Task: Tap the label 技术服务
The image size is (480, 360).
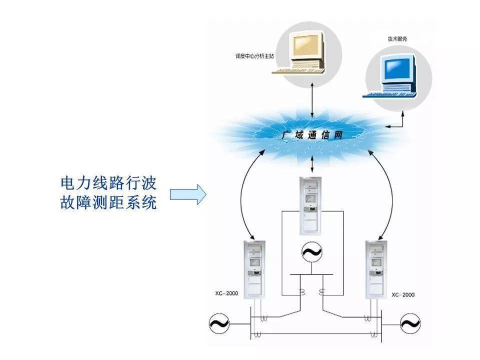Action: pos(397,38)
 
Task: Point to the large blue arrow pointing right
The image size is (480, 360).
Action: pos(188,194)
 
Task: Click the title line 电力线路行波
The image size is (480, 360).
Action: pos(108,183)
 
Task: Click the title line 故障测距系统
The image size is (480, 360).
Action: pos(108,203)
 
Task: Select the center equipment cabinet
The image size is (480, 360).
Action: pos(311,205)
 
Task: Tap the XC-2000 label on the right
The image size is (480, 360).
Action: pos(403,294)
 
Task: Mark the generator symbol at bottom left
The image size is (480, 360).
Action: pos(218,324)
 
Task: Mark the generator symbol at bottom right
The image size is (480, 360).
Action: pos(409,324)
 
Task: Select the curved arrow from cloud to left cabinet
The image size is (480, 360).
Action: pos(243,190)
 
